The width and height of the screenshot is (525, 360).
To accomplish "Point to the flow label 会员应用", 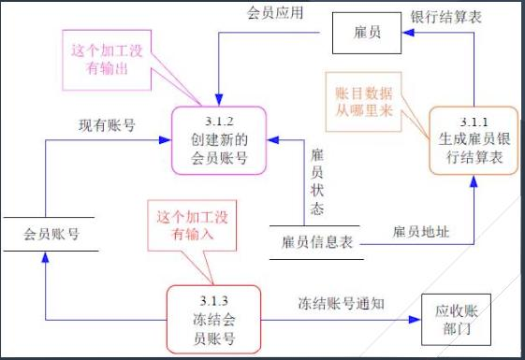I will pyautogui.click(x=272, y=16).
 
